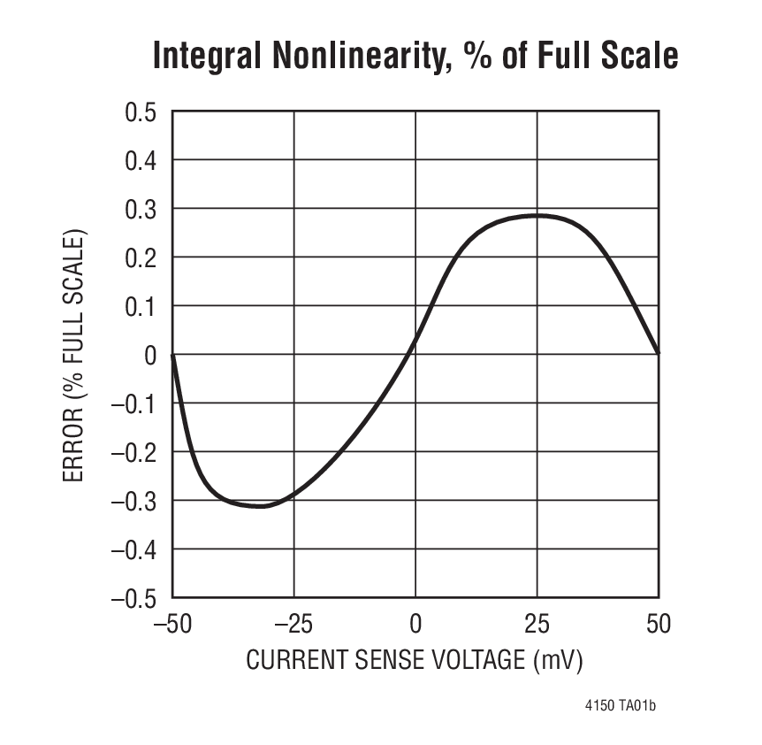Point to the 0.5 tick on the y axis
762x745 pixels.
tap(138, 112)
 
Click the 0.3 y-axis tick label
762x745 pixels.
tap(138, 210)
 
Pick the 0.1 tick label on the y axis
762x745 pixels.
tap(138, 307)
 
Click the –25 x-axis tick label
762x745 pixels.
tap(293, 625)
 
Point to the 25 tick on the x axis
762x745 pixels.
tap(537, 625)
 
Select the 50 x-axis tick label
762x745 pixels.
tap(659, 625)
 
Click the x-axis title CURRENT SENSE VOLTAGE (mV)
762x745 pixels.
tap(415, 661)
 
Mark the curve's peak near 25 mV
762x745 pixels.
tap(537, 215)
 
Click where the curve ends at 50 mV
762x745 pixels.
tap(659, 354)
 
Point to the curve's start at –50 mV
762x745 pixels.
tap(172, 355)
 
